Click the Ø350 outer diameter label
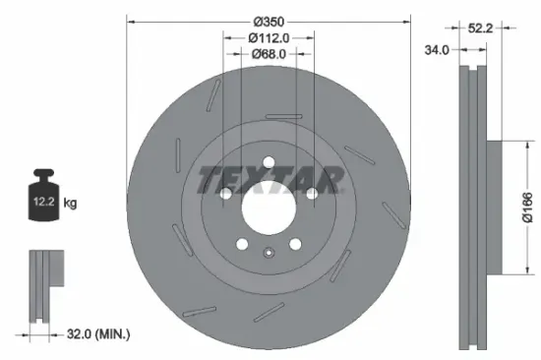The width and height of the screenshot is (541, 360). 269,22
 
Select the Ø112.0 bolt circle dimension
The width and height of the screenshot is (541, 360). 269,37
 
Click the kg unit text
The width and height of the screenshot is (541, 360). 70,204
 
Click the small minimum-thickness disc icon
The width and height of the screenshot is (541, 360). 40,284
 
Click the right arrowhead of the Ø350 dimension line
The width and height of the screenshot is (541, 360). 407,22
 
